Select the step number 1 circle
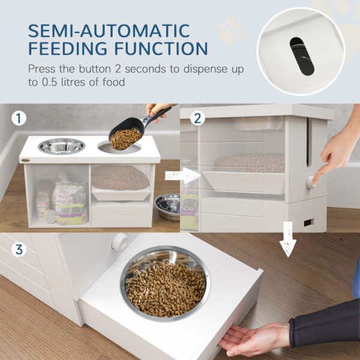coord(20,118)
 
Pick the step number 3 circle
coord(20,248)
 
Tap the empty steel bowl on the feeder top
coord(61,146)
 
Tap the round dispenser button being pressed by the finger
coord(311,181)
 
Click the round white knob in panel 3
coord(119,241)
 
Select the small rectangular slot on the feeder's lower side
coord(308,223)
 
